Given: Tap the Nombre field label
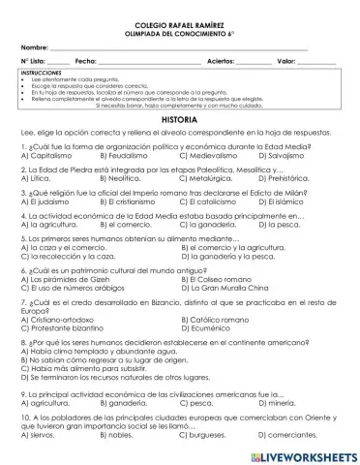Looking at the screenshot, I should click(x=34, y=46).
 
